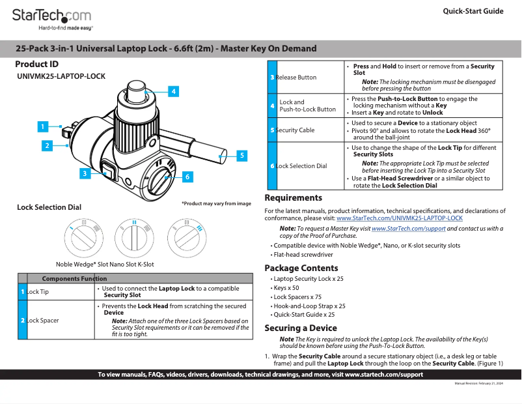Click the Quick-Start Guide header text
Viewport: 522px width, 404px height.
(x=473, y=11)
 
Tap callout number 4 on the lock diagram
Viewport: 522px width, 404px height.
(x=174, y=92)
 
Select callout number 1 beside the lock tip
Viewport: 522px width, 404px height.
(x=42, y=126)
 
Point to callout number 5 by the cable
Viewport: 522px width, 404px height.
(x=241, y=155)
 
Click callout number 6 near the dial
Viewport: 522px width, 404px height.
(x=187, y=177)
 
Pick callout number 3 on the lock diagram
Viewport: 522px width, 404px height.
(x=84, y=173)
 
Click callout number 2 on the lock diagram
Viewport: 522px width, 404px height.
(x=47, y=146)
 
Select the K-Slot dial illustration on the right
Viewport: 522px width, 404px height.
(x=186, y=236)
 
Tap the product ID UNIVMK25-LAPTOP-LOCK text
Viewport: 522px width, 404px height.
(x=61, y=76)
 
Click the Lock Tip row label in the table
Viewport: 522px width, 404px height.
(x=38, y=292)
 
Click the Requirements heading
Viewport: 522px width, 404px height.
(x=293, y=198)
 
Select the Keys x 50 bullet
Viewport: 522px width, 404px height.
(x=286, y=287)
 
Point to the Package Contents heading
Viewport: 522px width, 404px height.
(x=301, y=268)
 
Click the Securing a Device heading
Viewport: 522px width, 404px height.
(x=300, y=328)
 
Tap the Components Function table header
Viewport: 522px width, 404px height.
(x=74, y=278)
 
